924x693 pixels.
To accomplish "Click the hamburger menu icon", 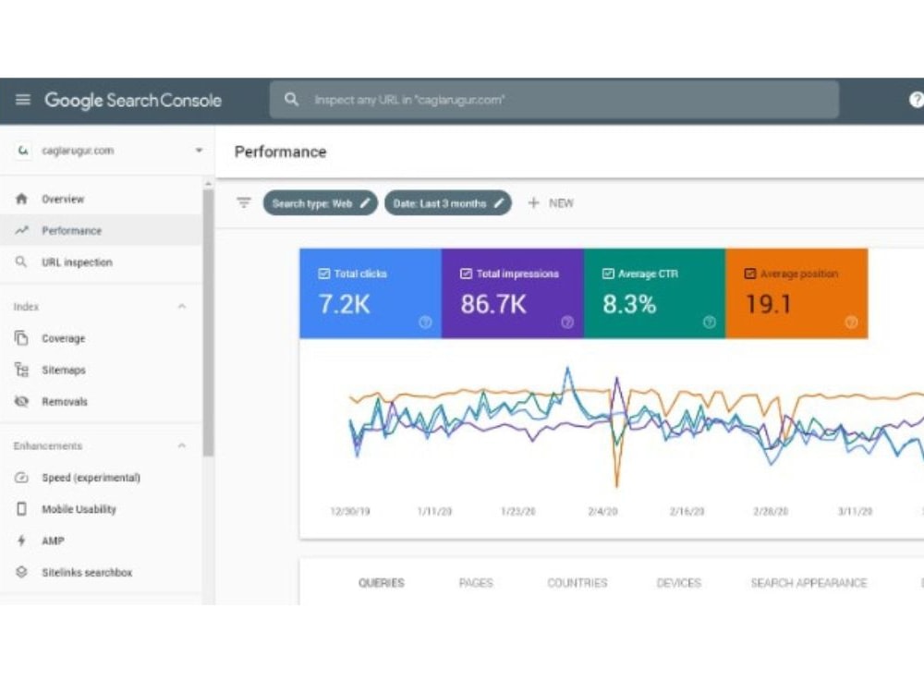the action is [23, 100].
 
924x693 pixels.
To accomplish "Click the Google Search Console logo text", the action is [133, 100].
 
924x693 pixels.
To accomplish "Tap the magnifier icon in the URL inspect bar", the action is [291, 99].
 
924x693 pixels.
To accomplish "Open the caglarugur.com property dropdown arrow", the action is [200, 151].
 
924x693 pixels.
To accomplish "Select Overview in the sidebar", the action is [63, 200].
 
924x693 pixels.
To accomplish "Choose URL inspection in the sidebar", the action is [77, 262].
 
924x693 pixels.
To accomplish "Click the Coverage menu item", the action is [63, 338].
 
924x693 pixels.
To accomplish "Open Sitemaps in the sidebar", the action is [64, 371].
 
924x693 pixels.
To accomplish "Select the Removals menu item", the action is [65, 402].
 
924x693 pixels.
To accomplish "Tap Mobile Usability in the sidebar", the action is [79, 509].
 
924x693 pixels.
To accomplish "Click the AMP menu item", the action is [53, 541].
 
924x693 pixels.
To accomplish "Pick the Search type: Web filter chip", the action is [320, 203].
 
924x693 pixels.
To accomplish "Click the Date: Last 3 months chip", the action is [448, 203].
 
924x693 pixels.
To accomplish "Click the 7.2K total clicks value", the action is [344, 305].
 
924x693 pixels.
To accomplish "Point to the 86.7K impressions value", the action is [493, 305].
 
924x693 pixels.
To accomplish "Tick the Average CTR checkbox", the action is [608, 274].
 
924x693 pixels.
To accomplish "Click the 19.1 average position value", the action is [769, 305].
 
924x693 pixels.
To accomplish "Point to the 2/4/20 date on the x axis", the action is [602, 512].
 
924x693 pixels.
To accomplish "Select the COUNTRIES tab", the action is [577, 583].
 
